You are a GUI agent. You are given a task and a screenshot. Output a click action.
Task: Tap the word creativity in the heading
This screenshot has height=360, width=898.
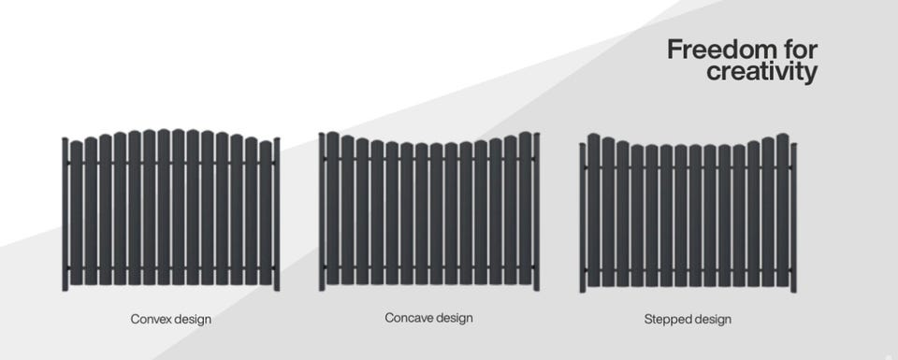pyautogui.click(x=761, y=73)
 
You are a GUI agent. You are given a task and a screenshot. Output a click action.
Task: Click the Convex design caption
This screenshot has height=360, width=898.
pyautogui.click(x=170, y=320)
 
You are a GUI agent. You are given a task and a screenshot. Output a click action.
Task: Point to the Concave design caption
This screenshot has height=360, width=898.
pyautogui.click(x=429, y=318)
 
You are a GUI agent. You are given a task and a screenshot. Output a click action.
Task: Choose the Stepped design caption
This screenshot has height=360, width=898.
pyautogui.click(x=688, y=320)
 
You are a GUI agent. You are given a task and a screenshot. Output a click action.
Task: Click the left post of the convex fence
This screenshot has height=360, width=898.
pyautogui.click(x=65, y=214)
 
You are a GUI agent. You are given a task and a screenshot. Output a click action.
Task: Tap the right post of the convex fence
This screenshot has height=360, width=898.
pyautogui.click(x=277, y=214)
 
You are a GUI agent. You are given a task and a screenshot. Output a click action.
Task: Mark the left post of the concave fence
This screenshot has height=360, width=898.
pyautogui.click(x=322, y=211)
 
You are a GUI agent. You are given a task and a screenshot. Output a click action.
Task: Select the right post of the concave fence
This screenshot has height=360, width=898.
pyautogui.click(x=536, y=211)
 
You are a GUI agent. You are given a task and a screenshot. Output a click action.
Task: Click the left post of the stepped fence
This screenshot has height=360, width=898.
pyautogui.click(x=583, y=218)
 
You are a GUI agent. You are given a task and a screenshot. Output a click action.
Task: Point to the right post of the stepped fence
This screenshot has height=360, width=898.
pyautogui.click(x=793, y=218)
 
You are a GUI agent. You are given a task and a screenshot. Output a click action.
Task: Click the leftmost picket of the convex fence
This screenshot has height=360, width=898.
pyautogui.click(x=76, y=213)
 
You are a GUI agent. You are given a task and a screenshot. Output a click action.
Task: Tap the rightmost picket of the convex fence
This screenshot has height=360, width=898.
pyautogui.click(x=265, y=213)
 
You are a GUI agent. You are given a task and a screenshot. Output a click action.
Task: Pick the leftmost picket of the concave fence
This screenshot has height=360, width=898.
pyautogui.click(x=333, y=208)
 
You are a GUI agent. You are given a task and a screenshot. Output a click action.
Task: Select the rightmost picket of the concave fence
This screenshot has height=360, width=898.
pyautogui.click(x=525, y=208)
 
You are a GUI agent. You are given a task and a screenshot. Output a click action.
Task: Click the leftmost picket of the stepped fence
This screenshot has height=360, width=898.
pyautogui.click(x=593, y=210)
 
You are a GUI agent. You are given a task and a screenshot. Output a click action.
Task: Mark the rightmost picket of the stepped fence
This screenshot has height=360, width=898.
pyautogui.click(x=782, y=210)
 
